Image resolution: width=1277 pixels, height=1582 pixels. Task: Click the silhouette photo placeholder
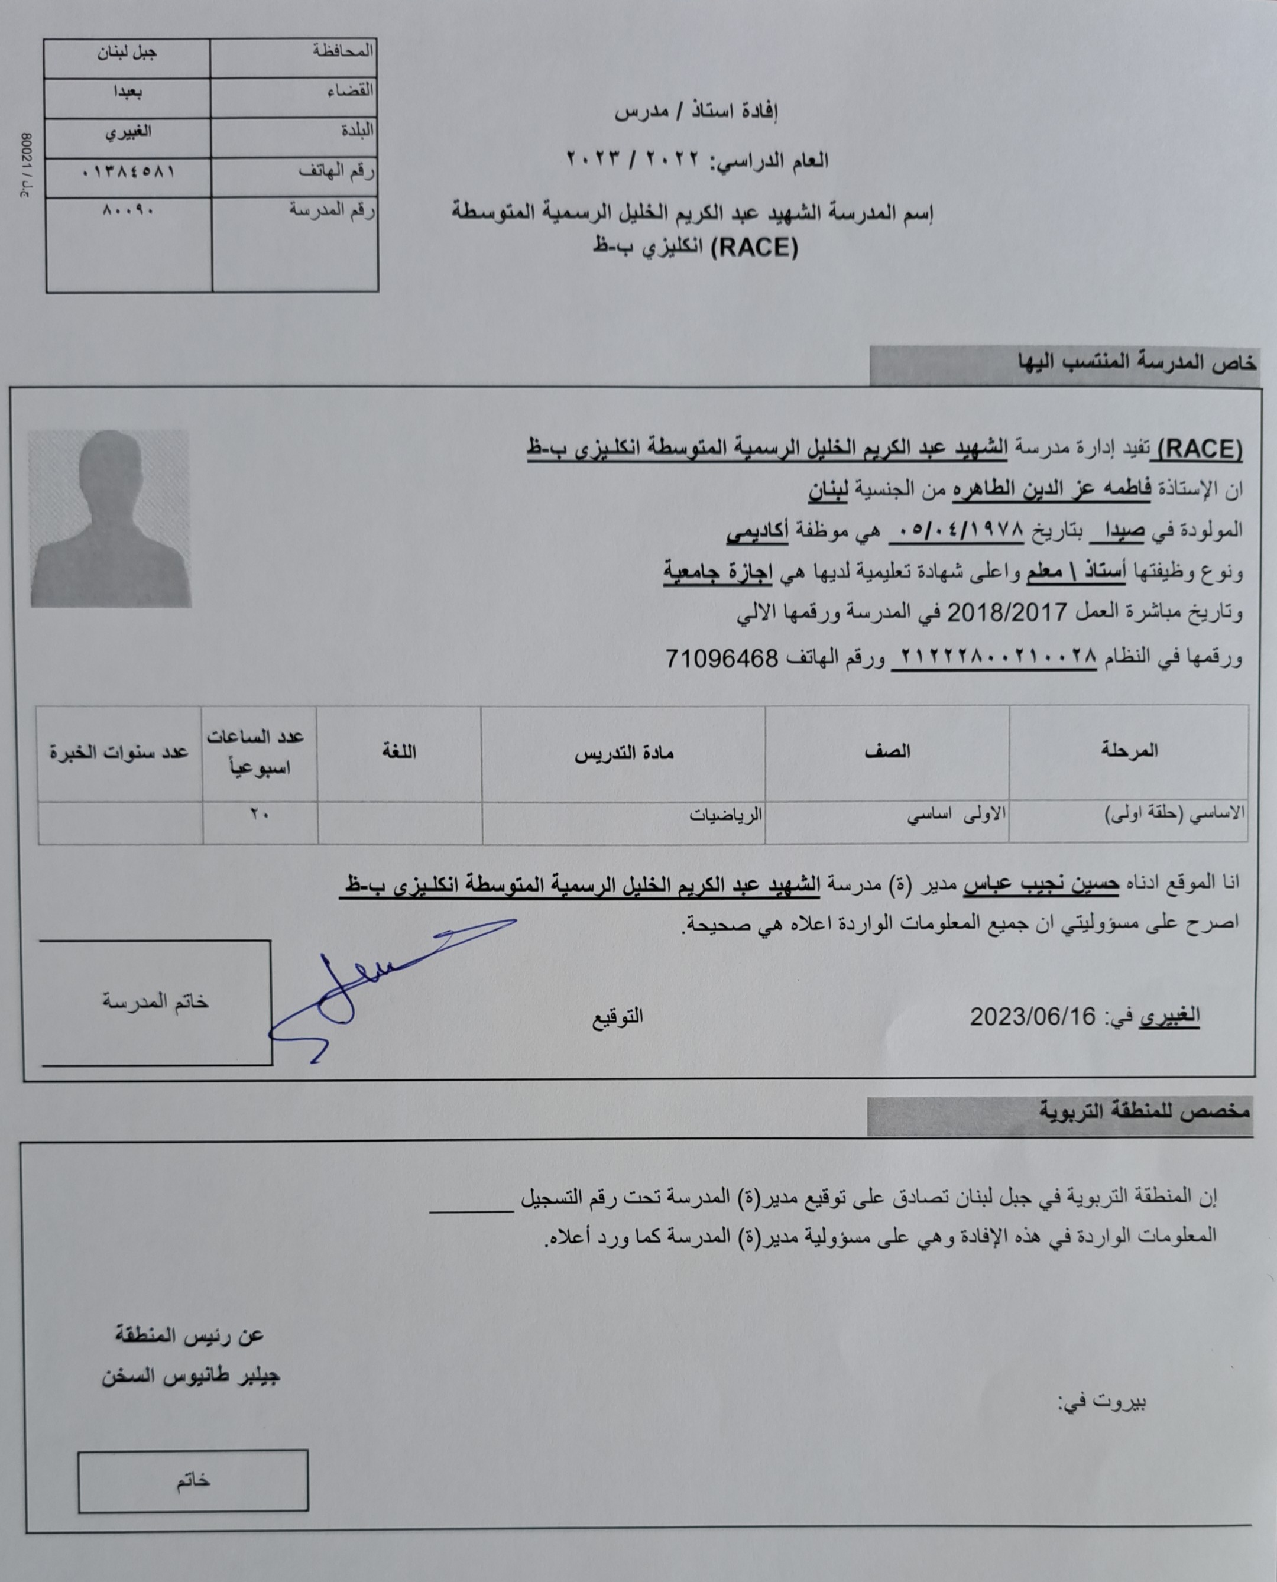click(x=111, y=518)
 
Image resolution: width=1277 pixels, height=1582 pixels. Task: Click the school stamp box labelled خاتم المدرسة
click(x=155, y=1001)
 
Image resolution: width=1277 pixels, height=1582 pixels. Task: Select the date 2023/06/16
click(x=1032, y=1016)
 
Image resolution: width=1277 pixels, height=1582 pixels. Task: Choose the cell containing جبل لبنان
click(x=127, y=54)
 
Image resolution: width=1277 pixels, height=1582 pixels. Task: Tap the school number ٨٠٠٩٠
click(x=128, y=210)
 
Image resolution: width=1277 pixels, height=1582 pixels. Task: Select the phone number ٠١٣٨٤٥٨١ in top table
click(x=128, y=172)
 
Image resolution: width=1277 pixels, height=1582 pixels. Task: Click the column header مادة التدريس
click(x=624, y=753)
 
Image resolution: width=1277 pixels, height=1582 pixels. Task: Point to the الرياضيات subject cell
click(x=725, y=814)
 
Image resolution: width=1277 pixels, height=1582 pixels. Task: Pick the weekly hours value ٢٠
click(x=259, y=814)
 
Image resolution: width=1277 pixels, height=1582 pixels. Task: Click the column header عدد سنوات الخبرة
click(x=119, y=753)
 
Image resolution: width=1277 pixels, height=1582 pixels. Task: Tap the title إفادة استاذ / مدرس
click(x=696, y=112)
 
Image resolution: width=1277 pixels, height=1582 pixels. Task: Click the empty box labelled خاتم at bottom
click(x=193, y=1481)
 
